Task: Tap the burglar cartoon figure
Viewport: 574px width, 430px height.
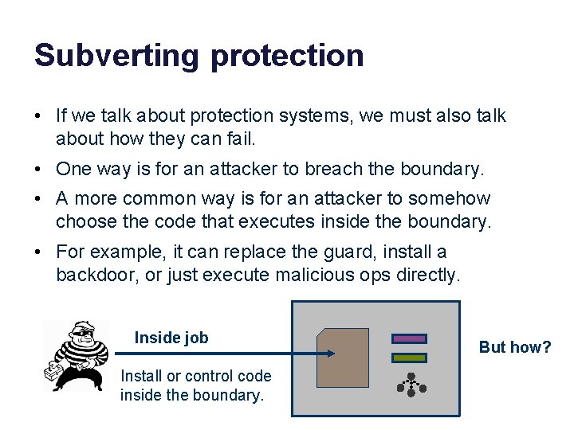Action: click(77, 355)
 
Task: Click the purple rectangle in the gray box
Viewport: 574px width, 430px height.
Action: click(409, 338)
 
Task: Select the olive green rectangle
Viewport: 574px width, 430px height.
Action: click(409, 358)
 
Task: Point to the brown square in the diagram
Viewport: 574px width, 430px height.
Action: click(343, 358)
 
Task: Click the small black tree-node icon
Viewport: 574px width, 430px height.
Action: click(411, 385)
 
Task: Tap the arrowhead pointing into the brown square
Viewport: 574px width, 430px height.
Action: click(332, 354)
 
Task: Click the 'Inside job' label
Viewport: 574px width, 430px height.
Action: click(171, 338)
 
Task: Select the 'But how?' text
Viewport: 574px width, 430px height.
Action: click(515, 347)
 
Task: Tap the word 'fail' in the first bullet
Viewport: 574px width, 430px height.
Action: click(240, 139)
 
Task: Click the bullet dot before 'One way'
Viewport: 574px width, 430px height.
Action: click(38, 170)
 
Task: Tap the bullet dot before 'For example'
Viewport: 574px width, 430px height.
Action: click(38, 252)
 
